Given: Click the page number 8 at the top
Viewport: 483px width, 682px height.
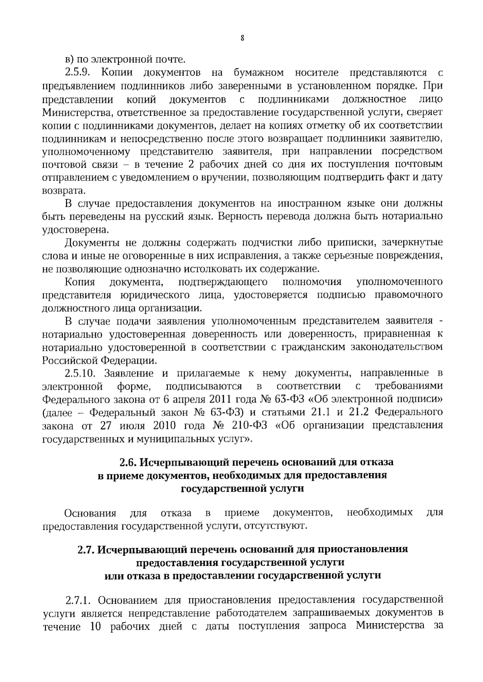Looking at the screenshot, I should (x=242, y=39).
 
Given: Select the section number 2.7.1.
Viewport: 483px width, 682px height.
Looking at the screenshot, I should (x=79, y=600).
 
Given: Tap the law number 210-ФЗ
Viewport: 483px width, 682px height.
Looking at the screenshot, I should (x=246, y=426).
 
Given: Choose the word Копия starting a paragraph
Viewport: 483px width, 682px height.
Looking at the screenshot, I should (x=80, y=282).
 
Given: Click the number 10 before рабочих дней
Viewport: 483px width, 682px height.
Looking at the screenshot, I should (x=93, y=626).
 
